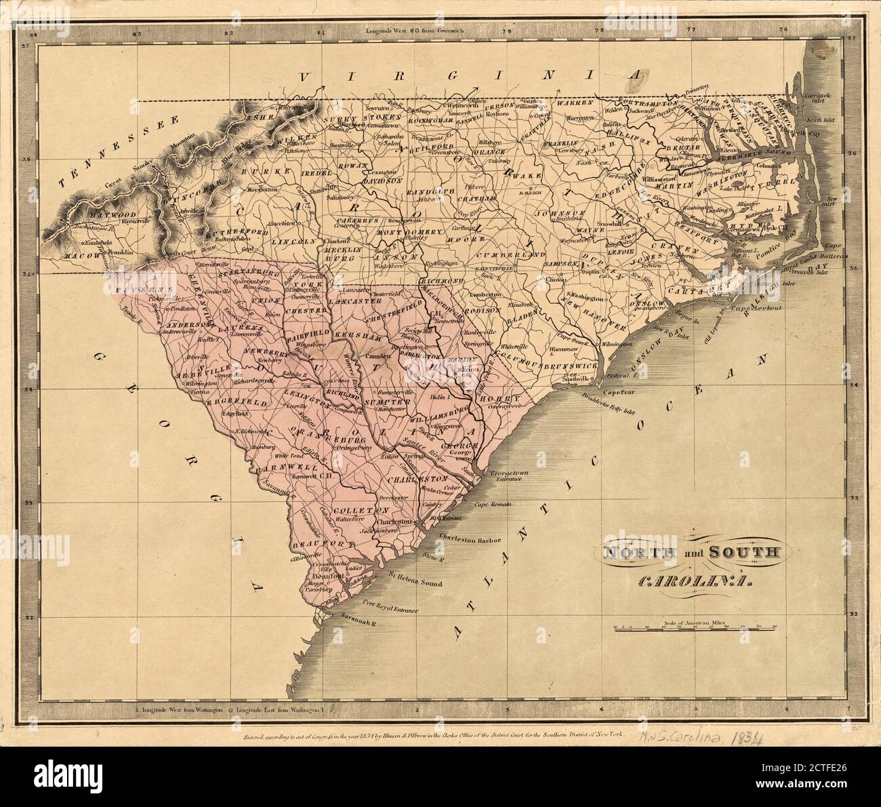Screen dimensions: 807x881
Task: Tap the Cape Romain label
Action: click(x=492, y=505)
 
